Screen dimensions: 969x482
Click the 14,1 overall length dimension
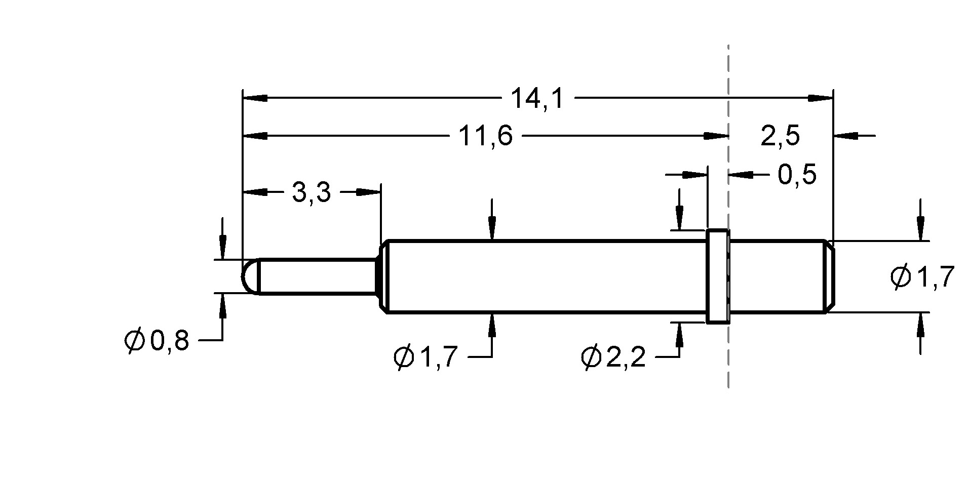pyautogui.click(x=536, y=98)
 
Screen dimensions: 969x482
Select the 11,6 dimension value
pyautogui.click(x=485, y=136)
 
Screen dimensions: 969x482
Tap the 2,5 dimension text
pyautogui.click(x=780, y=136)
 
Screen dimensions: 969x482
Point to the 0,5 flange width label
pyautogui.click(x=797, y=175)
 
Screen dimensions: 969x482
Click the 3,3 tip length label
pyautogui.click(x=311, y=192)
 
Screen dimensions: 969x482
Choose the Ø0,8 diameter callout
pyautogui.click(x=157, y=341)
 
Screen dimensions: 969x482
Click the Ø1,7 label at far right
pyautogui.click(x=922, y=277)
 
